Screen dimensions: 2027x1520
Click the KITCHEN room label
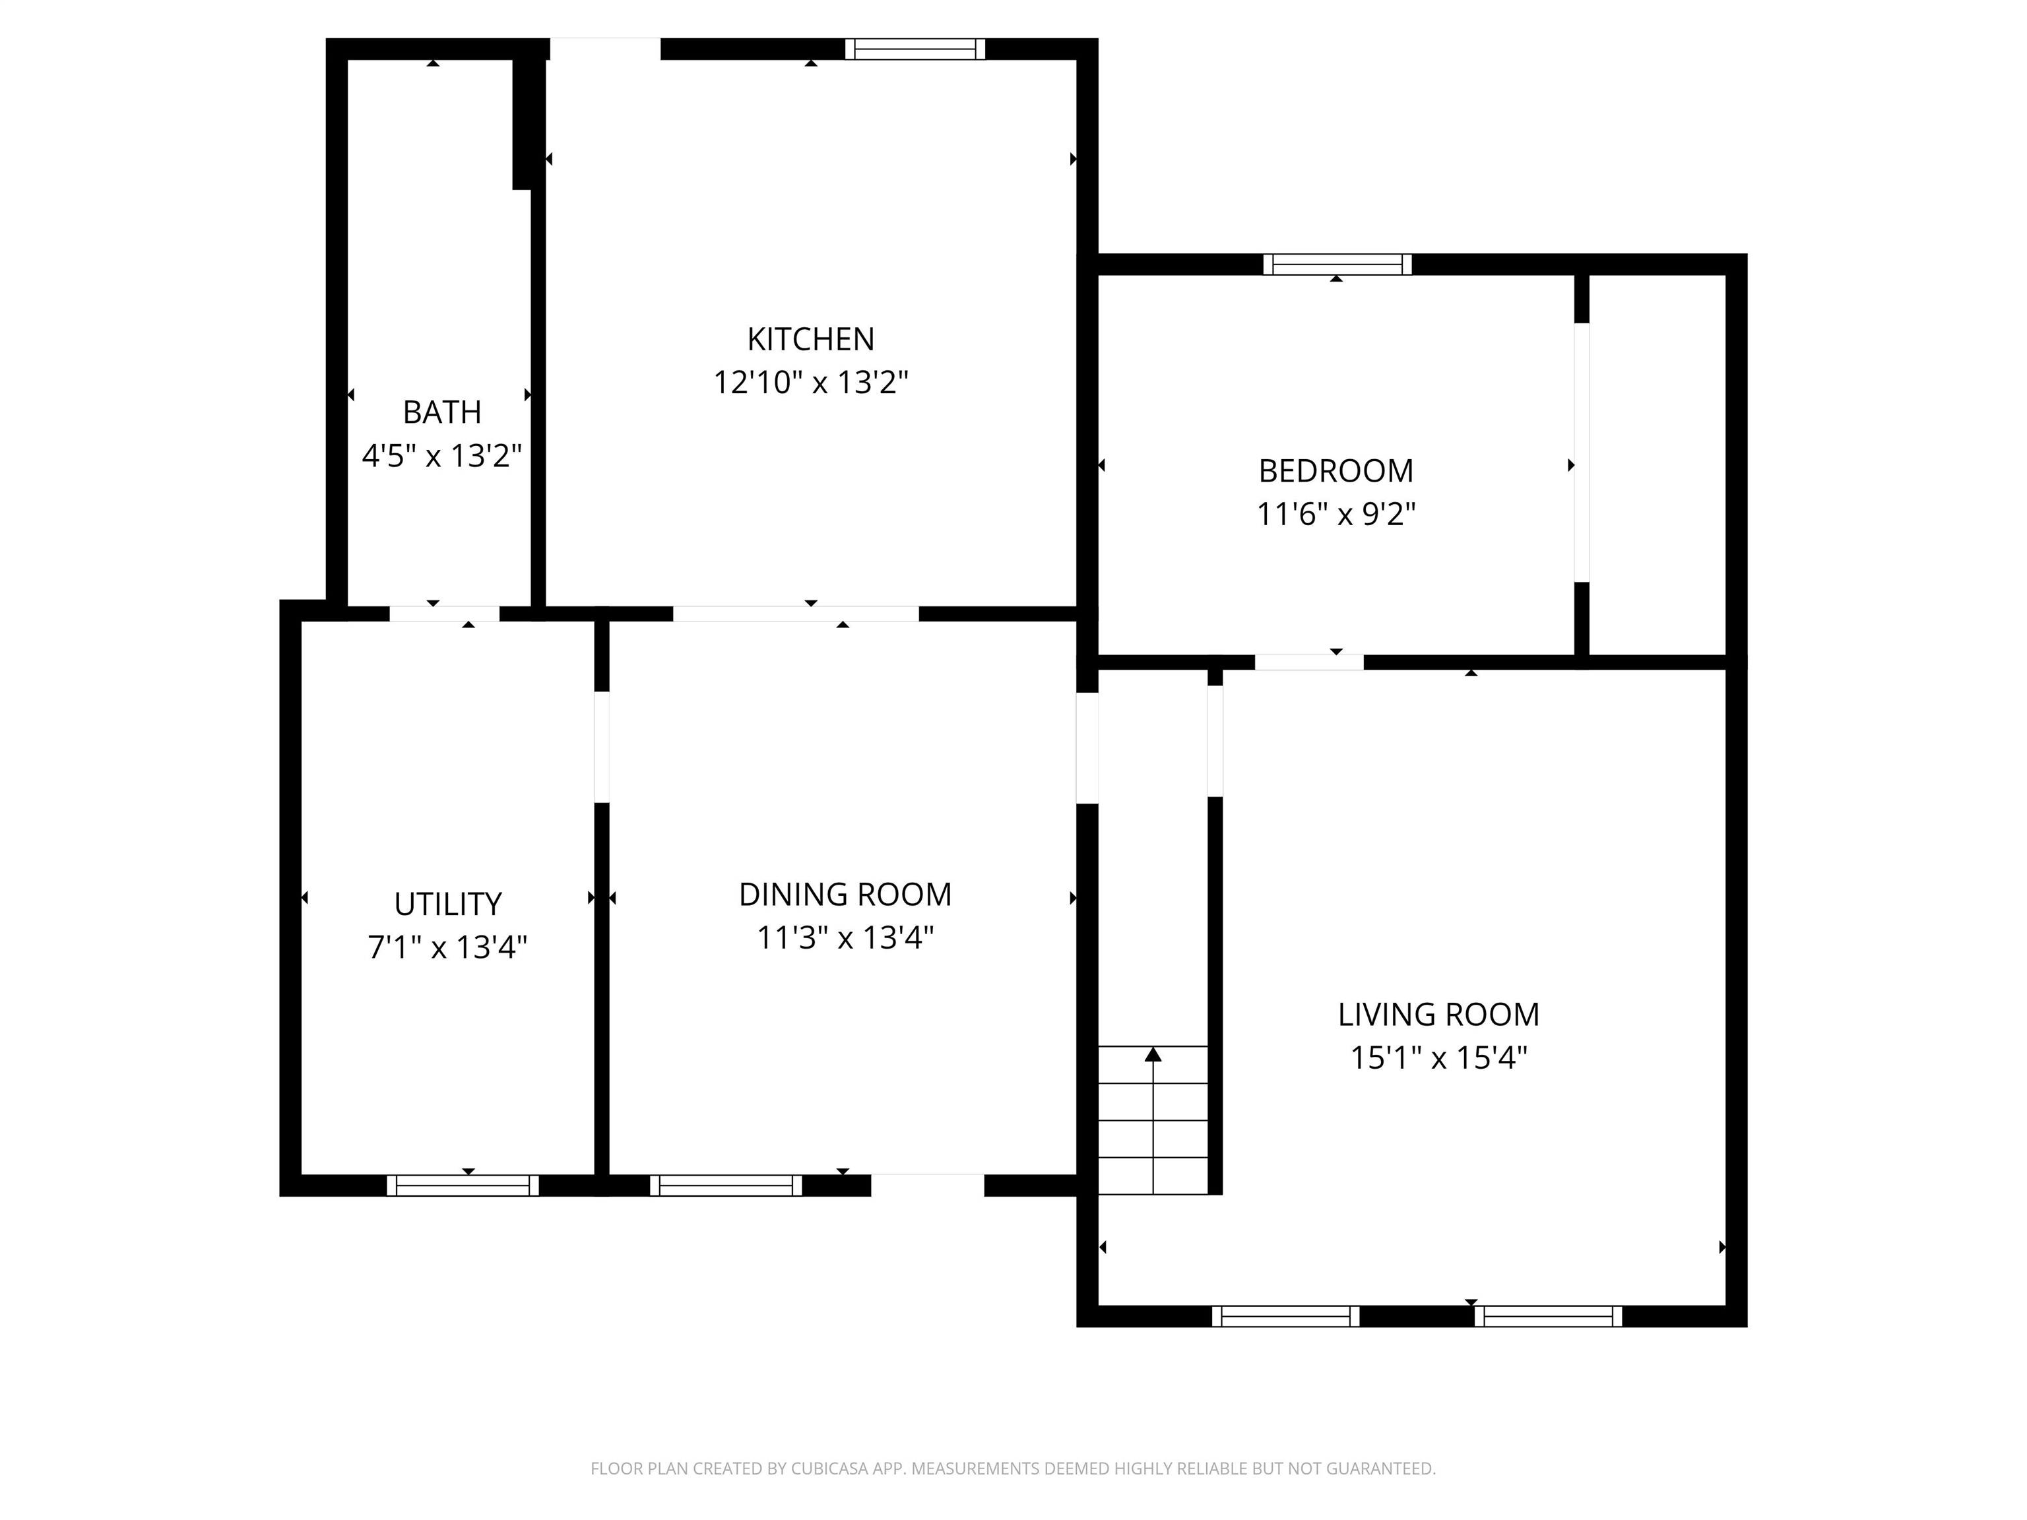(811, 339)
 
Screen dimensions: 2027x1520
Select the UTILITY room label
(448, 904)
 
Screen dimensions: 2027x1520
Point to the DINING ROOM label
(845, 894)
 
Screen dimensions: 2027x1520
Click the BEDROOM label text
(1336, 471)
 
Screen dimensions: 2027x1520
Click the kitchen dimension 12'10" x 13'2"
(811, 382)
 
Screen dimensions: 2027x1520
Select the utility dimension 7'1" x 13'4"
(448, 947)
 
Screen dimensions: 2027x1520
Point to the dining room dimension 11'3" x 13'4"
(845, 937)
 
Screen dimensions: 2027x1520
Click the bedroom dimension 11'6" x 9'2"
(1336, 514)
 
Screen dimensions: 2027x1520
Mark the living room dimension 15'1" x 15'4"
(1438, 1058)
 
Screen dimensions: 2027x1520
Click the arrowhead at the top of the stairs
(1153, 1054)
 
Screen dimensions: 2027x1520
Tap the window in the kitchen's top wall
(915, 49)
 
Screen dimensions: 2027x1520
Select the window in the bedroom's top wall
(1337, 265)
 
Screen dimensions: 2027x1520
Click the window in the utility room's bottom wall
(463, 1186)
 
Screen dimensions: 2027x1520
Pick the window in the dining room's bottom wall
(726, 1186)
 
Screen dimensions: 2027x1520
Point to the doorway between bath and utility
(445, 614)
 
